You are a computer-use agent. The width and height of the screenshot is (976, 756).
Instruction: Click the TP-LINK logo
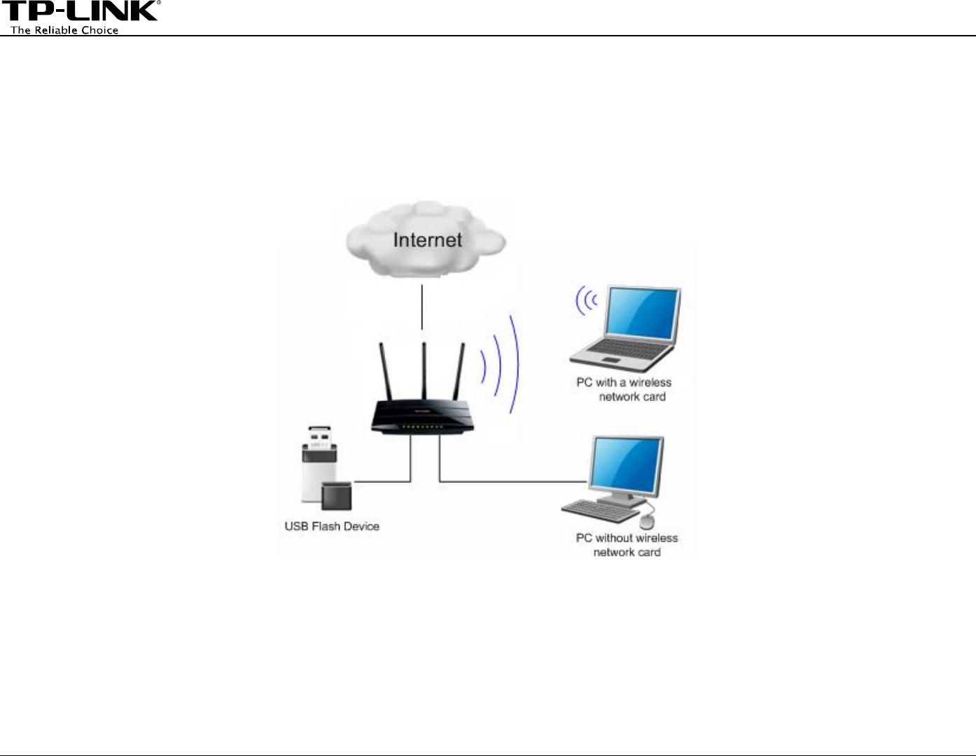tap(80, 12)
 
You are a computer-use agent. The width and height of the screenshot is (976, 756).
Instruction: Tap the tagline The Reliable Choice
tap(64, 30)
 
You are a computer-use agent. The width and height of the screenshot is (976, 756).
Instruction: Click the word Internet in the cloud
tap(427, 240)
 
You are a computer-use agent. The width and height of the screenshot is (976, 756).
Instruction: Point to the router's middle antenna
tap(424, 371)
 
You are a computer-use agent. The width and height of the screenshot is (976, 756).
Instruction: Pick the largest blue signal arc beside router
tap(515, 364)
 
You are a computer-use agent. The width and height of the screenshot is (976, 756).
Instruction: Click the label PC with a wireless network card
tap(624, 389)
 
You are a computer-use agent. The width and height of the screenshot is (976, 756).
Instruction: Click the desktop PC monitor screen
tap(626, 464)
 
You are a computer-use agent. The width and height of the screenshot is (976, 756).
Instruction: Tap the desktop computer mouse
tap(647, 521)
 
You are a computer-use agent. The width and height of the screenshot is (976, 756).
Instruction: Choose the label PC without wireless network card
tap(627, 545)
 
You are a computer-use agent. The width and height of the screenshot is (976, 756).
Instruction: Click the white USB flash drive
tap(316, 468)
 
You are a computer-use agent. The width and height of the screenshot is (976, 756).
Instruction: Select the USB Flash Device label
tap(332, 526)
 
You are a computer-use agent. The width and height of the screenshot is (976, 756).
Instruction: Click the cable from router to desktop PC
tap(511, 482)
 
